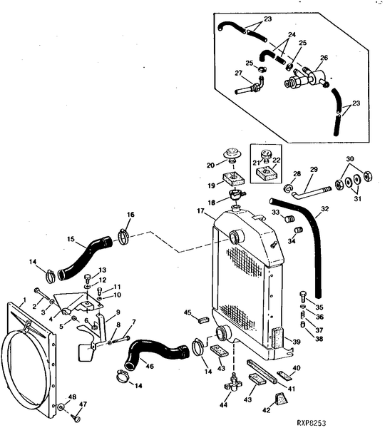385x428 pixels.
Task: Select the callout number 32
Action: click(x=324, y=210)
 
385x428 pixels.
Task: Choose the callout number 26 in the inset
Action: click(x=324, y=58)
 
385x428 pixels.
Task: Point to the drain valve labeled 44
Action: click(x=231, y=384)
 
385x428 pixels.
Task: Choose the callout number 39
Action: click(x=297, y=342)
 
